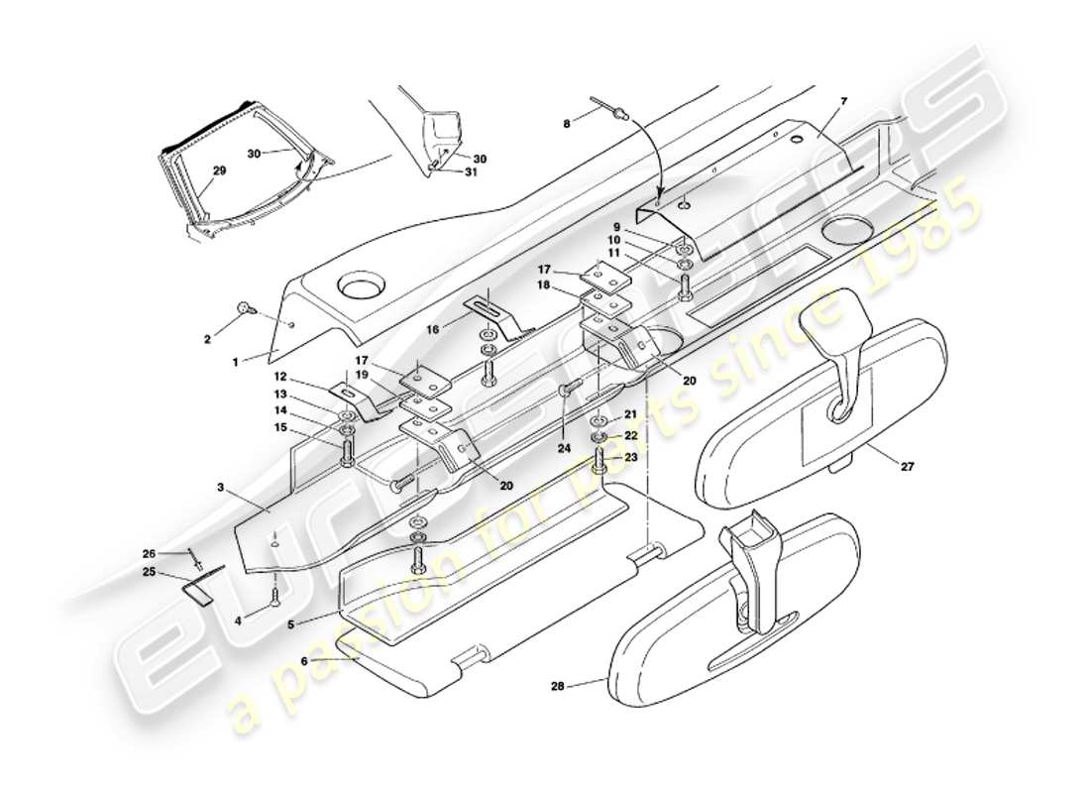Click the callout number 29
click(x=219, y=171)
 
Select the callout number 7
click(x=843, y=101)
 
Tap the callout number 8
click(x=567, y=124)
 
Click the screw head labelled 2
click(x=243, y=309)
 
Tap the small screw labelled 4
click(x=274, y=596)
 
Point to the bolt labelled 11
click(x=685, y=287)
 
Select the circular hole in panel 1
click(x=358, y=289)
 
